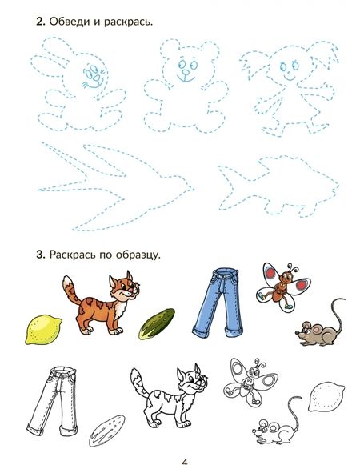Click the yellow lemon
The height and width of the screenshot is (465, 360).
(43, 330)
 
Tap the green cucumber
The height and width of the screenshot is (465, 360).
(157, 324)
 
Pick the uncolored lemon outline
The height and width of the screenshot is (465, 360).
(326, 397)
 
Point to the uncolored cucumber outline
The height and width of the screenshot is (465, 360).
(107, 431)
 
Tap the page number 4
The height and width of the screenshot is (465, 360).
(185, 462)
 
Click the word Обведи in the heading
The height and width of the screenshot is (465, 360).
(70, 22)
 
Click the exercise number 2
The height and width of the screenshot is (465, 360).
(40, 22)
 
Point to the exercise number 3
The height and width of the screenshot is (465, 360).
(40, 255)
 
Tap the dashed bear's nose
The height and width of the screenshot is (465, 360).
(186, 73)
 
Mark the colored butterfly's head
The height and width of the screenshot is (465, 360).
(286, 276)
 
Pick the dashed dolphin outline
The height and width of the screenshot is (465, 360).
(278, 186)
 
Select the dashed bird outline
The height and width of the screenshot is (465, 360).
(116, 186)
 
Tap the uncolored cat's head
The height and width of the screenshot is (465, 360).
(192, 379)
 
